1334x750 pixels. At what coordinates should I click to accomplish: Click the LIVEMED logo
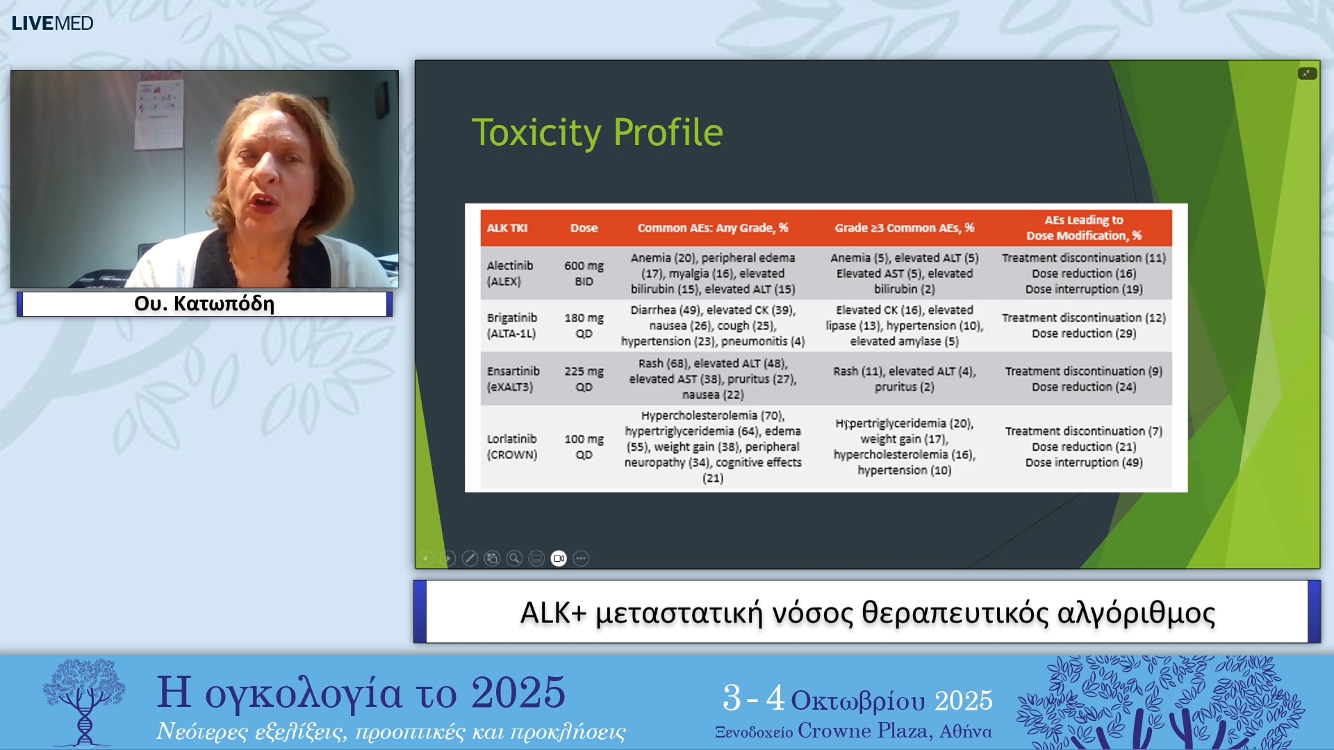click(x=52, y=23)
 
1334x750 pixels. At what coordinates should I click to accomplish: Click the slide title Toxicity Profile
click(x=597, y=132)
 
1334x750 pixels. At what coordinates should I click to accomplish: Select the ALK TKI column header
click(x=507, y=228)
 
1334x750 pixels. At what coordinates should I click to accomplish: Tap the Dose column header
click(x=584, y=228)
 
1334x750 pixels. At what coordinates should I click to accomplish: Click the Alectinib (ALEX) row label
click(x=510, y=273)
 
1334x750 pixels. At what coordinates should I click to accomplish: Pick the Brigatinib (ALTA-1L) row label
click(x=512, y=325)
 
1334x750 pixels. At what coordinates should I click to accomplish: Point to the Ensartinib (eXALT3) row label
click(x=513, y=378)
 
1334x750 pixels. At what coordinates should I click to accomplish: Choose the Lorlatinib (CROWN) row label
click(x=512, y=447)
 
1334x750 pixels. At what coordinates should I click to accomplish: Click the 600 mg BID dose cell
click(x=584, y=273)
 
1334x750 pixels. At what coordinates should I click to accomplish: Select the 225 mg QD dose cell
click(x=584, y=378)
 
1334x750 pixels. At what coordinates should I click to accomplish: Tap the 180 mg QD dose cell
click(x=584, y=325)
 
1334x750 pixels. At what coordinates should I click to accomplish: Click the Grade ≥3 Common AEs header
click(x=904, y=228)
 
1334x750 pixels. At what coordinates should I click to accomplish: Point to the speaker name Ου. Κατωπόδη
click(x=204, y=304)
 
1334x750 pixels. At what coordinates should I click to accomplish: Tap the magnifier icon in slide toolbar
click(x=514, y=558)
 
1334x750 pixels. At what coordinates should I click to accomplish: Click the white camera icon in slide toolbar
click(x=559, y=558)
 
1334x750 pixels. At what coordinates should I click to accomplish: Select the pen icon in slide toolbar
click(x=470, y=558)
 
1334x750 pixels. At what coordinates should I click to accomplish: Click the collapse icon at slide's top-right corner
click(x=1307, y=74)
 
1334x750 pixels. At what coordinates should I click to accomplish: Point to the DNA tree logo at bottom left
click(x=84, y=701)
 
